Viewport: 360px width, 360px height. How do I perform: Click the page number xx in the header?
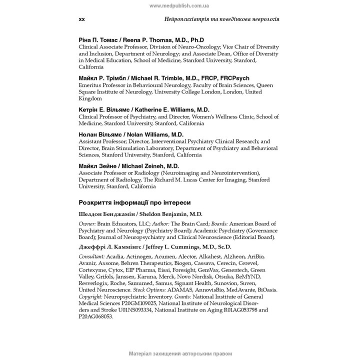82,19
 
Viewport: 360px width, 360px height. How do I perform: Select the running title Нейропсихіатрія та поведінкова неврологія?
221,19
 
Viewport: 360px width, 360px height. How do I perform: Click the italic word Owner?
87,224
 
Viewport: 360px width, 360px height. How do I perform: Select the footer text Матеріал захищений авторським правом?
180,353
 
